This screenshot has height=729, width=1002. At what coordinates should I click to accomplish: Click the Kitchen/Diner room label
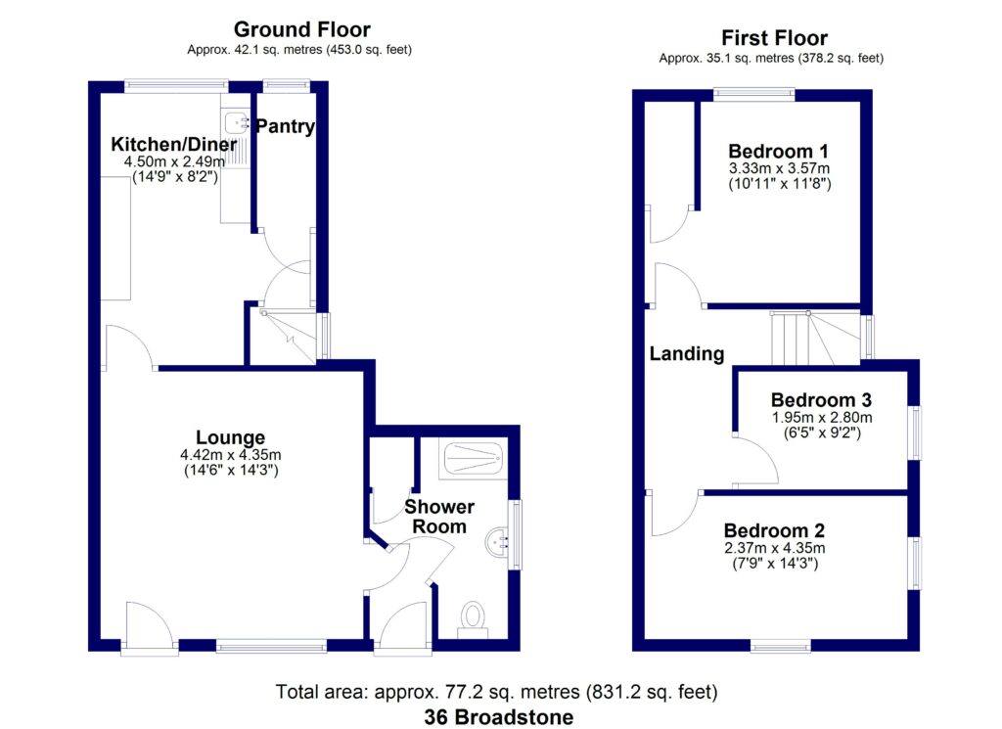click(173, 143)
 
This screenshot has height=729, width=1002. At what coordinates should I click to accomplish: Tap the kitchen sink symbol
click(236, 123)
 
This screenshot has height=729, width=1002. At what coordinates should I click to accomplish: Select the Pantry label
click(286, 126)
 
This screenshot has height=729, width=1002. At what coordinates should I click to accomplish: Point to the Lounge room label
click(230, 436)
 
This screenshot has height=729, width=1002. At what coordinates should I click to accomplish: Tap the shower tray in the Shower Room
click(472, 456)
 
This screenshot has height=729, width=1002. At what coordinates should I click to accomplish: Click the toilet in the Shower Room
click(473, 617)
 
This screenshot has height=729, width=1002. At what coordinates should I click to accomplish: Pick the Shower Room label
click(439, 516)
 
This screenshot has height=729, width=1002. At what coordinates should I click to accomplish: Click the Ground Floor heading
click(302, 30)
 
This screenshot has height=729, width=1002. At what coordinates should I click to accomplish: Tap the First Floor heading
click(774, 38)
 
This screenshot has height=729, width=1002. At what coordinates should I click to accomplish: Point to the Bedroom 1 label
click(779, 152)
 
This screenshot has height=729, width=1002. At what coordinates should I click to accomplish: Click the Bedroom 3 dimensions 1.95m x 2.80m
click(822, 417)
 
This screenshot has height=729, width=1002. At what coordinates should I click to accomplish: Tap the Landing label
click(687, 354)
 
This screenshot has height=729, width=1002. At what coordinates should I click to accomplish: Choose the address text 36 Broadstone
click(499, 716)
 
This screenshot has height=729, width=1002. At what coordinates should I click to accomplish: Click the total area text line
click(499, 693)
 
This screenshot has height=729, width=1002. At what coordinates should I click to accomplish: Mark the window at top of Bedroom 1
click(753, 95)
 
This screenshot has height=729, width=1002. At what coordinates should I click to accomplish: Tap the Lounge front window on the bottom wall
click(271, 645)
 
